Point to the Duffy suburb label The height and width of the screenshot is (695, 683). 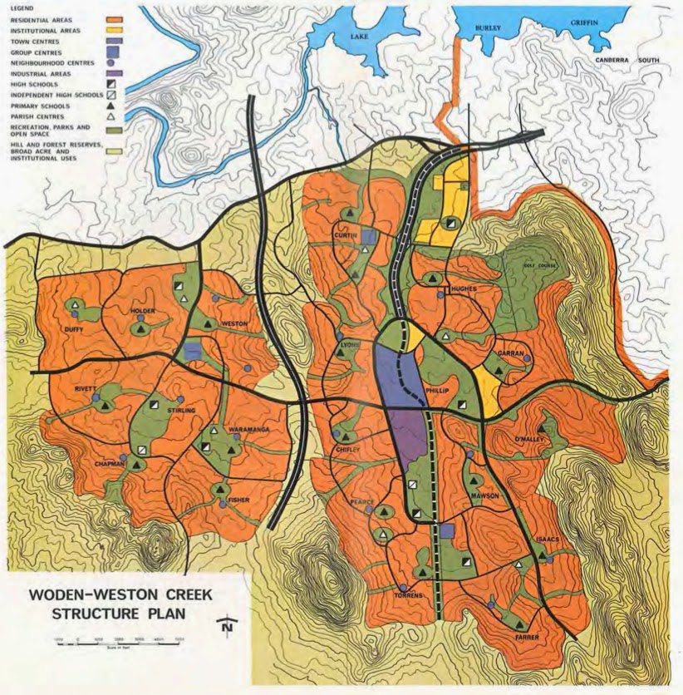(x=75, y=328)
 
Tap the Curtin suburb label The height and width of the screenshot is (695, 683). (x=346, y=235)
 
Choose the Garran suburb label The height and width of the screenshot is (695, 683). (x=509, y=352)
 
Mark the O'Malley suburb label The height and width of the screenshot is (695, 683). (x=530, y=439)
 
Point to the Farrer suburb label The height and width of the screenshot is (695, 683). (x=527, y=638)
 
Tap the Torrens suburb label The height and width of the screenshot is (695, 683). (x=410, y=596)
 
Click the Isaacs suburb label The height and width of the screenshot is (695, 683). (x=550, y=540)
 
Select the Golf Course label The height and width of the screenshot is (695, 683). (x=539, y=266)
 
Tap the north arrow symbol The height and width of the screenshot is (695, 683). (x=226, y=628)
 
